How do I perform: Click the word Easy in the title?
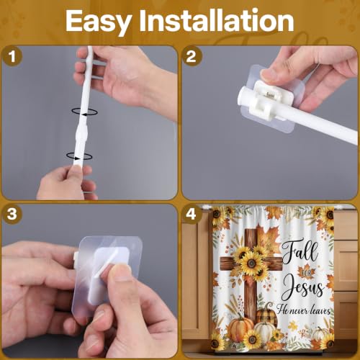click(98, 22)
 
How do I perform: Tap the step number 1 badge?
click(12, 57)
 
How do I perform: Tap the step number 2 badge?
click(192, 57)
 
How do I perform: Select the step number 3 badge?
click(12, 214)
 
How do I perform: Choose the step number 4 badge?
click(192, 214)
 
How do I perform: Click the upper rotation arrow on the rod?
click(84, 112)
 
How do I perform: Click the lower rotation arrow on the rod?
click(79, 156)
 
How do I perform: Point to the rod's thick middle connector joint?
click(80, 134)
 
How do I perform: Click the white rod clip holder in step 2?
click(269, 99)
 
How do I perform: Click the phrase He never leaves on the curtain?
click(303, 310)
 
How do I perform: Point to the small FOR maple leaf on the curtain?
click(306, 273)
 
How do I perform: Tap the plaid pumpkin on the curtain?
click(266, 315)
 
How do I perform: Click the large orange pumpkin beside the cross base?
click(240, 330)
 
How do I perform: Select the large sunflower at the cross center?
click(251, 264)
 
